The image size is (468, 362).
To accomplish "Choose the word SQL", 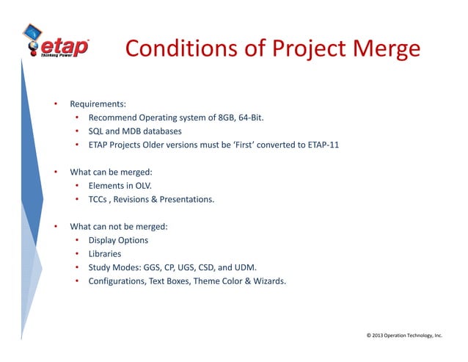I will click(96, 131).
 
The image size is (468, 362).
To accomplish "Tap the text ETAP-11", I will click(320, 145).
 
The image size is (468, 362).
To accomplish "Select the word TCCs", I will click(99, 200).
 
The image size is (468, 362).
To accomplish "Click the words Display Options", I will click(118, 240).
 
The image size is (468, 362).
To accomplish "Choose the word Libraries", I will click(105, 254).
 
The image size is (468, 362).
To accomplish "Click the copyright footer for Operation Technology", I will click(404, 335).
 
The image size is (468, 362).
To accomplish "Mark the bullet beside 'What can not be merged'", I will click(55, 227).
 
